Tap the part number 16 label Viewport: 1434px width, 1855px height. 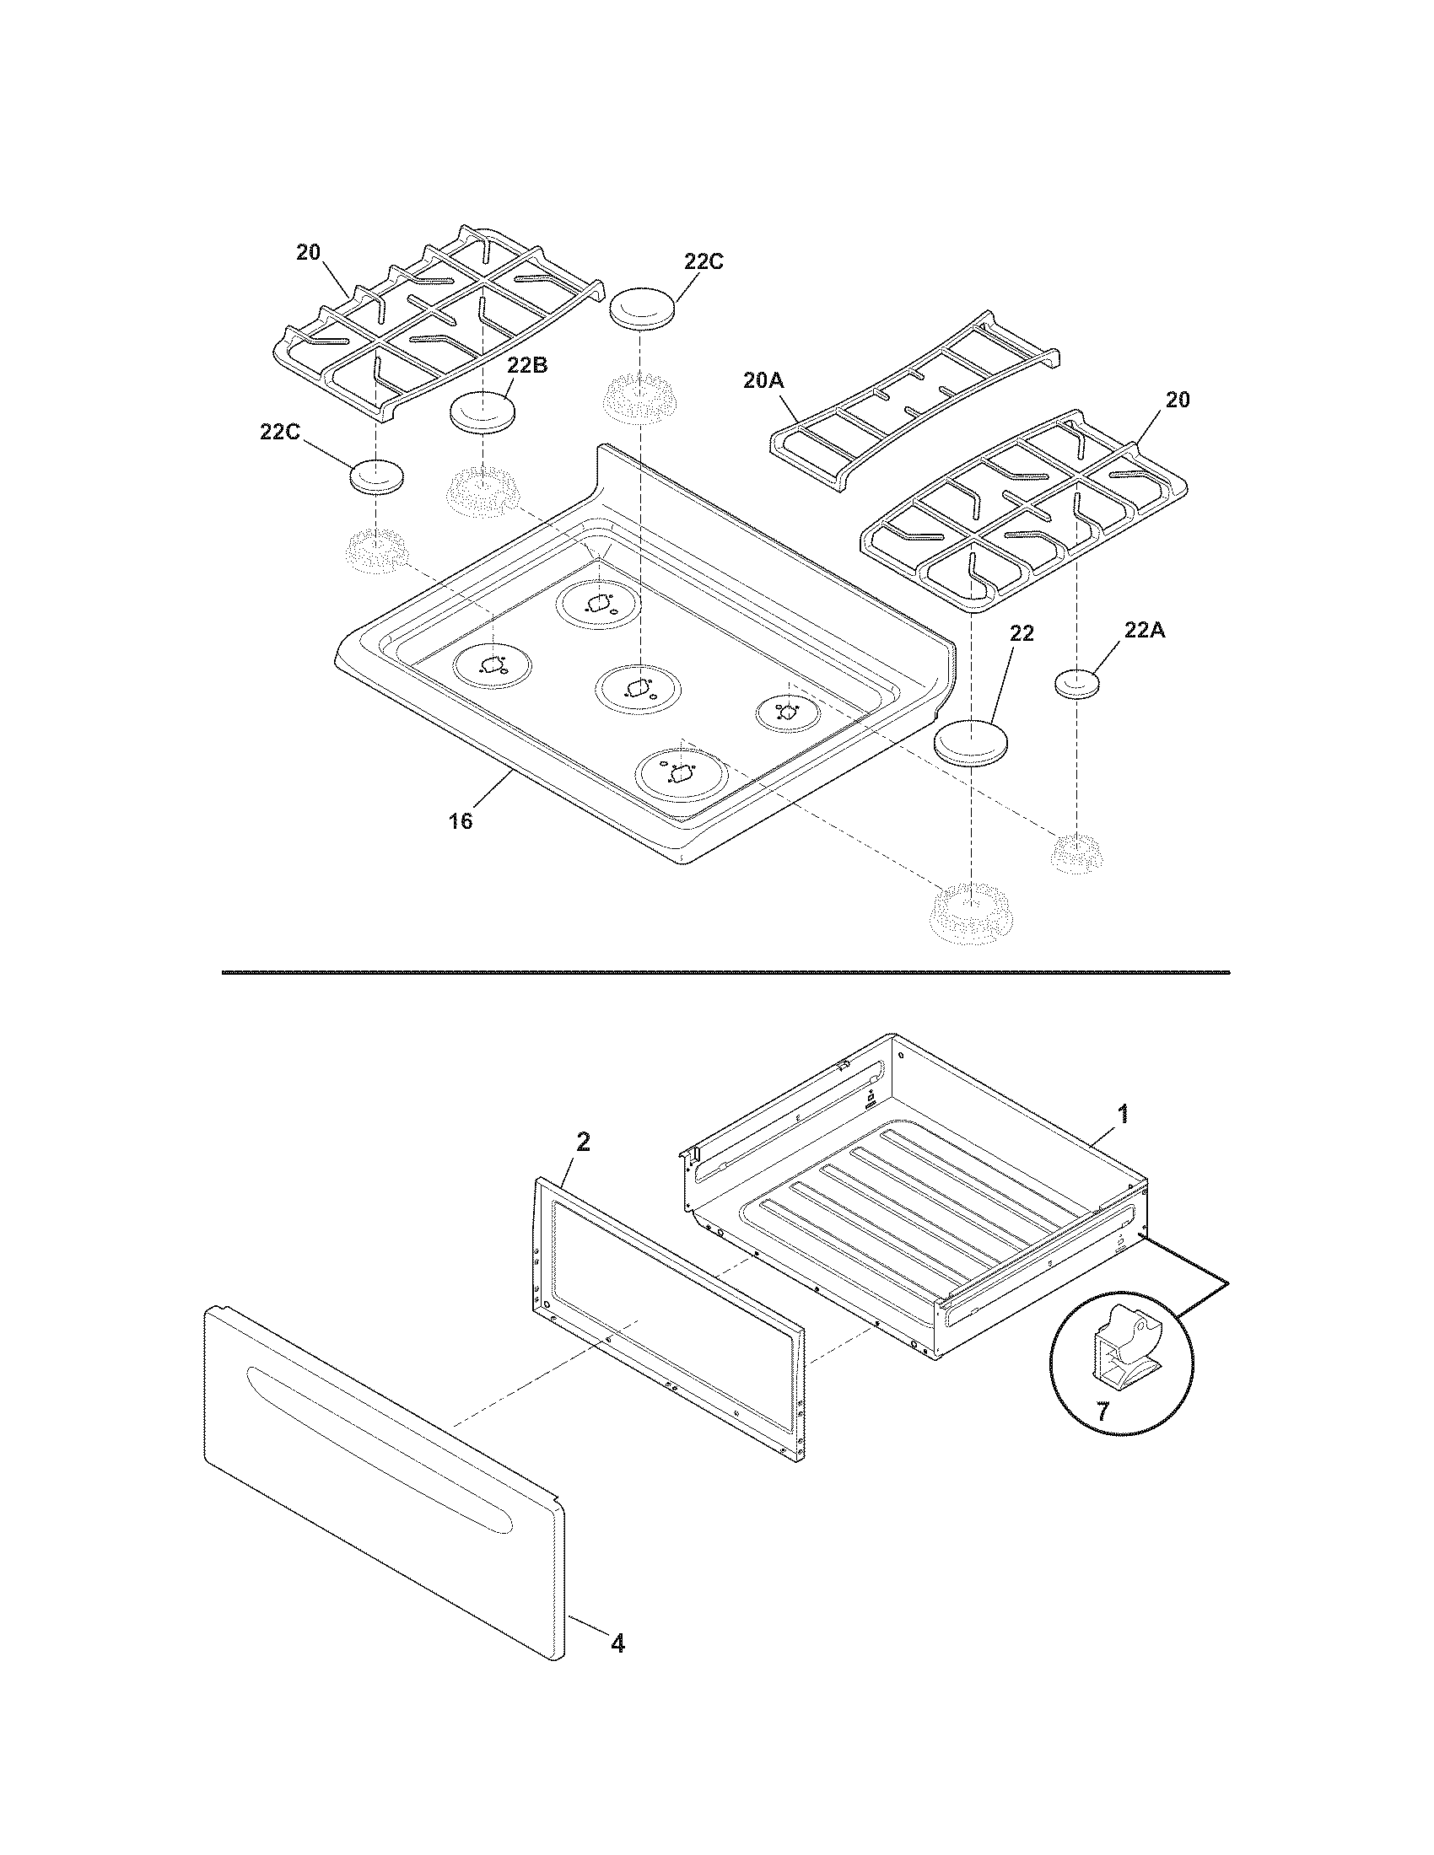(x=461, y=821)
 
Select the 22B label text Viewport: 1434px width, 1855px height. (x=526, y=365)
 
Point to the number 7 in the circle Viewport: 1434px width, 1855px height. (x=1102, y=1412)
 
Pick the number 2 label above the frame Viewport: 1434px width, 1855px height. (x=582, y=1143)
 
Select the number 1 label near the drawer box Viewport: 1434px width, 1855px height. (x=1123, y=1114)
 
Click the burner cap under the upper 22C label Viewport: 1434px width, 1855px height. (x=643, y=308)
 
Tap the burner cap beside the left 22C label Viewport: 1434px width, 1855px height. (x=375, y=476)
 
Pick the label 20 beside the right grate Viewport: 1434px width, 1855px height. (x=1178, y=398)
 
